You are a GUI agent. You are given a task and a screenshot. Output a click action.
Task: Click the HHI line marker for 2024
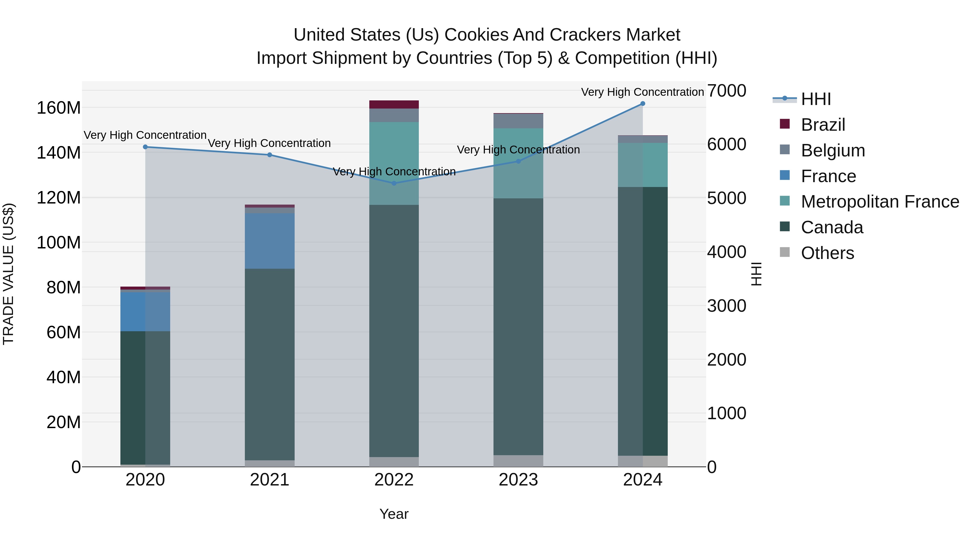click(x=642, y=104)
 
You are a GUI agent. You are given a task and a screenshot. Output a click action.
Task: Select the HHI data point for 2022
click(x=394, y=183)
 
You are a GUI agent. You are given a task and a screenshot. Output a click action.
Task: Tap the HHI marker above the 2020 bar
click(x=145, y=147)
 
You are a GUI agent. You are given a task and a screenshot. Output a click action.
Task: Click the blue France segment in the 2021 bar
click(x=269, y=241)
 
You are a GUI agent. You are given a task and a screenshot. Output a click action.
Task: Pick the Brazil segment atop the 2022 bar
click(x=394, y=104)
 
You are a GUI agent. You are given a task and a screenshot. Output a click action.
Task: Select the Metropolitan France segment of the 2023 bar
click(x=518, y=163)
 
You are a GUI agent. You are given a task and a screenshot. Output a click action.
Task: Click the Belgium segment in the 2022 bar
click(x=394, y=115)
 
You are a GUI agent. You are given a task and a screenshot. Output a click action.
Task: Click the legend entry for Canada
click(x=832, y=228)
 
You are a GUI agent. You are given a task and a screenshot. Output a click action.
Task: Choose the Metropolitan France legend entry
click(x=880, y=202)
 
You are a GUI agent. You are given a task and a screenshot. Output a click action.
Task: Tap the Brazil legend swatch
click(x=785, y=124)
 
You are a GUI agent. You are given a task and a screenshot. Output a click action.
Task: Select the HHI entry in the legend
click(x=815, y=99)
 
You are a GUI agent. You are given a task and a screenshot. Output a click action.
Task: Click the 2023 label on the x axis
click(x=518, y=480)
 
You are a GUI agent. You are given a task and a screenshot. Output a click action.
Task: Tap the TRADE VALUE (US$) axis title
click(x=8, y=274)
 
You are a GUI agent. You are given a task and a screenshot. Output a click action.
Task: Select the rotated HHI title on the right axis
click(x=756, y=274)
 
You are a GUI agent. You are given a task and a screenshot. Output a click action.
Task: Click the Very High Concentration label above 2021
click(x=269, y=143)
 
